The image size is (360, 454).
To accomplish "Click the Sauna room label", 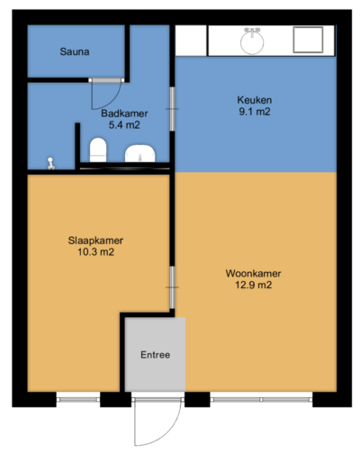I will tap(75, 51).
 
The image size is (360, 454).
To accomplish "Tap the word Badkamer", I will tap(125, 113).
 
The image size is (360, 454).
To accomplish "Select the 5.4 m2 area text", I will tap(125, 125).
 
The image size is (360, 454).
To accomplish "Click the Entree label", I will tap(155, 354).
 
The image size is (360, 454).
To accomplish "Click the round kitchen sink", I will tap(251, 41).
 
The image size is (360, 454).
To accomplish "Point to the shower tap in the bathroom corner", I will tap(52, 162).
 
